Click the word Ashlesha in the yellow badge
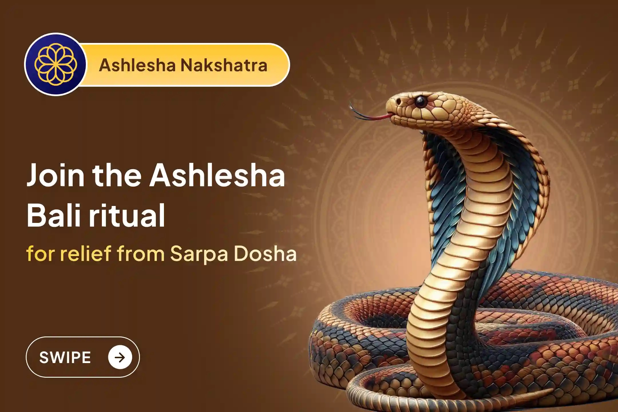pos(137,65)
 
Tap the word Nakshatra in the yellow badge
pos(224,65)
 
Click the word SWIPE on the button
pos(65,357)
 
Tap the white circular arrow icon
pos(120,357)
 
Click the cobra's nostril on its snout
pos(398,102)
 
